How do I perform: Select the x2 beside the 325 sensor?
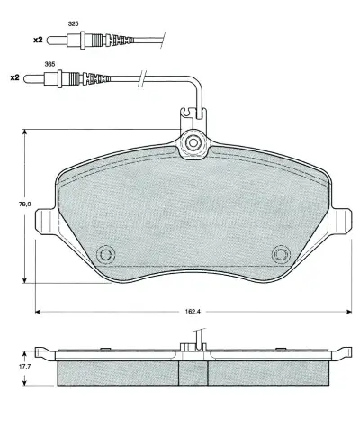pyautogui.click(x=37, y=39)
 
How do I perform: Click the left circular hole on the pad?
pyautogui.click(x=105, y=255)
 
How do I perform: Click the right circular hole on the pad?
pyautogui.click(x=280, y=255)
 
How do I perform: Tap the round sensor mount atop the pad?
pyautogui.click(x=193, y=142)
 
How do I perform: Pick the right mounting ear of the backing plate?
pyautogui.click(x=342, y=221)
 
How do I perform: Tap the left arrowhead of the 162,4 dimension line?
pyautogui.click(x=39, y=313)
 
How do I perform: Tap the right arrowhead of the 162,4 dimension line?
pyautogui.click(x=346, y=313)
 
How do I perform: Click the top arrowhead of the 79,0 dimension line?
pyautogui.click(x=24, y=133)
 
